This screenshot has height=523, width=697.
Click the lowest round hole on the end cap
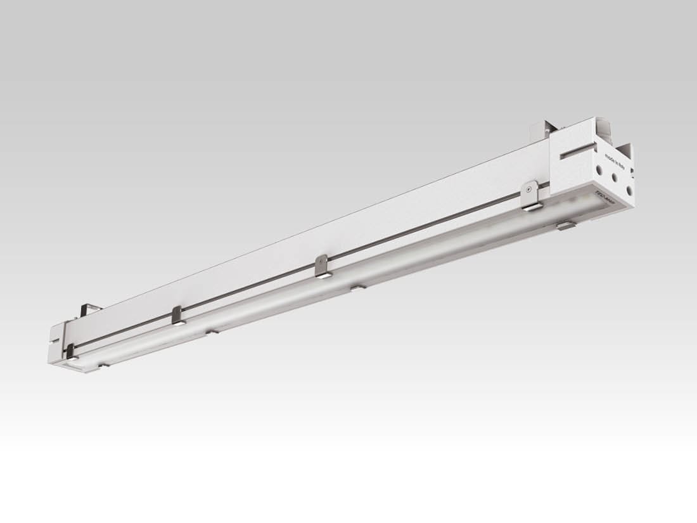tap(629, 188)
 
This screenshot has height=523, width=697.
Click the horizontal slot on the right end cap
tap(578, 152)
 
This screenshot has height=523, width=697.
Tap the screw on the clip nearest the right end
tap(529, 188)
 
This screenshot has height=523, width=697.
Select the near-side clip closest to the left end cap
tap(70, 352)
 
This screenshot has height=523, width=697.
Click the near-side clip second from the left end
tap(177, 315)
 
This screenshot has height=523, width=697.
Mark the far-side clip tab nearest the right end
tap(566, 224)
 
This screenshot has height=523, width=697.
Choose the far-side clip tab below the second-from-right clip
tap(358, 287)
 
